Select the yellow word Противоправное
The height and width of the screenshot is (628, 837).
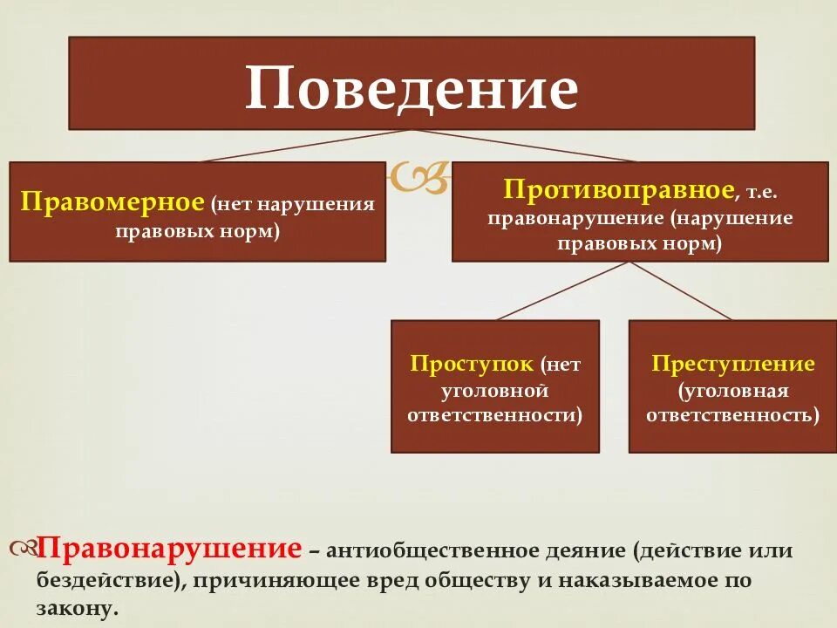(617, 188)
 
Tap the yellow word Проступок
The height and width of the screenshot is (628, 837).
(472, 363)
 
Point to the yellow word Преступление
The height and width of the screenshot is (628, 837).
(732, 363)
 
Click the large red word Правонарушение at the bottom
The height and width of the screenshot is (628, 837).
(170, 549)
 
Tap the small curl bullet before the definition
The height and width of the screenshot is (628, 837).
(23, 549)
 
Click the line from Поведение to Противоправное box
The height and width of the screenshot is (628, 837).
(523, 146)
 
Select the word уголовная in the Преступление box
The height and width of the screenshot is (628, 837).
(733, 389)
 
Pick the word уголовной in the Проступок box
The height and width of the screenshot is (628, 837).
(494, 389)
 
